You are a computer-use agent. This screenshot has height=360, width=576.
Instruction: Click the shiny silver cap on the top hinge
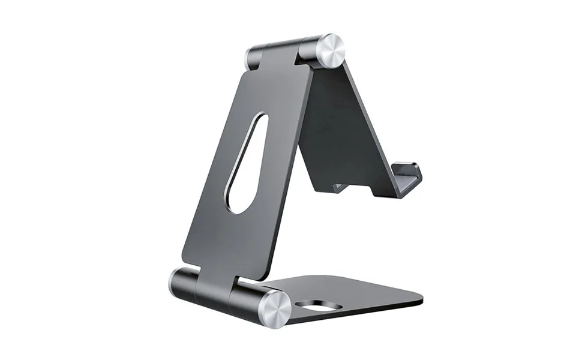[x=331, y=51]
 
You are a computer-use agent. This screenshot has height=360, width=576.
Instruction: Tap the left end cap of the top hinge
[x=250, y=58]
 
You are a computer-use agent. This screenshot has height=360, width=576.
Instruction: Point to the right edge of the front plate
[x=291, y=168]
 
